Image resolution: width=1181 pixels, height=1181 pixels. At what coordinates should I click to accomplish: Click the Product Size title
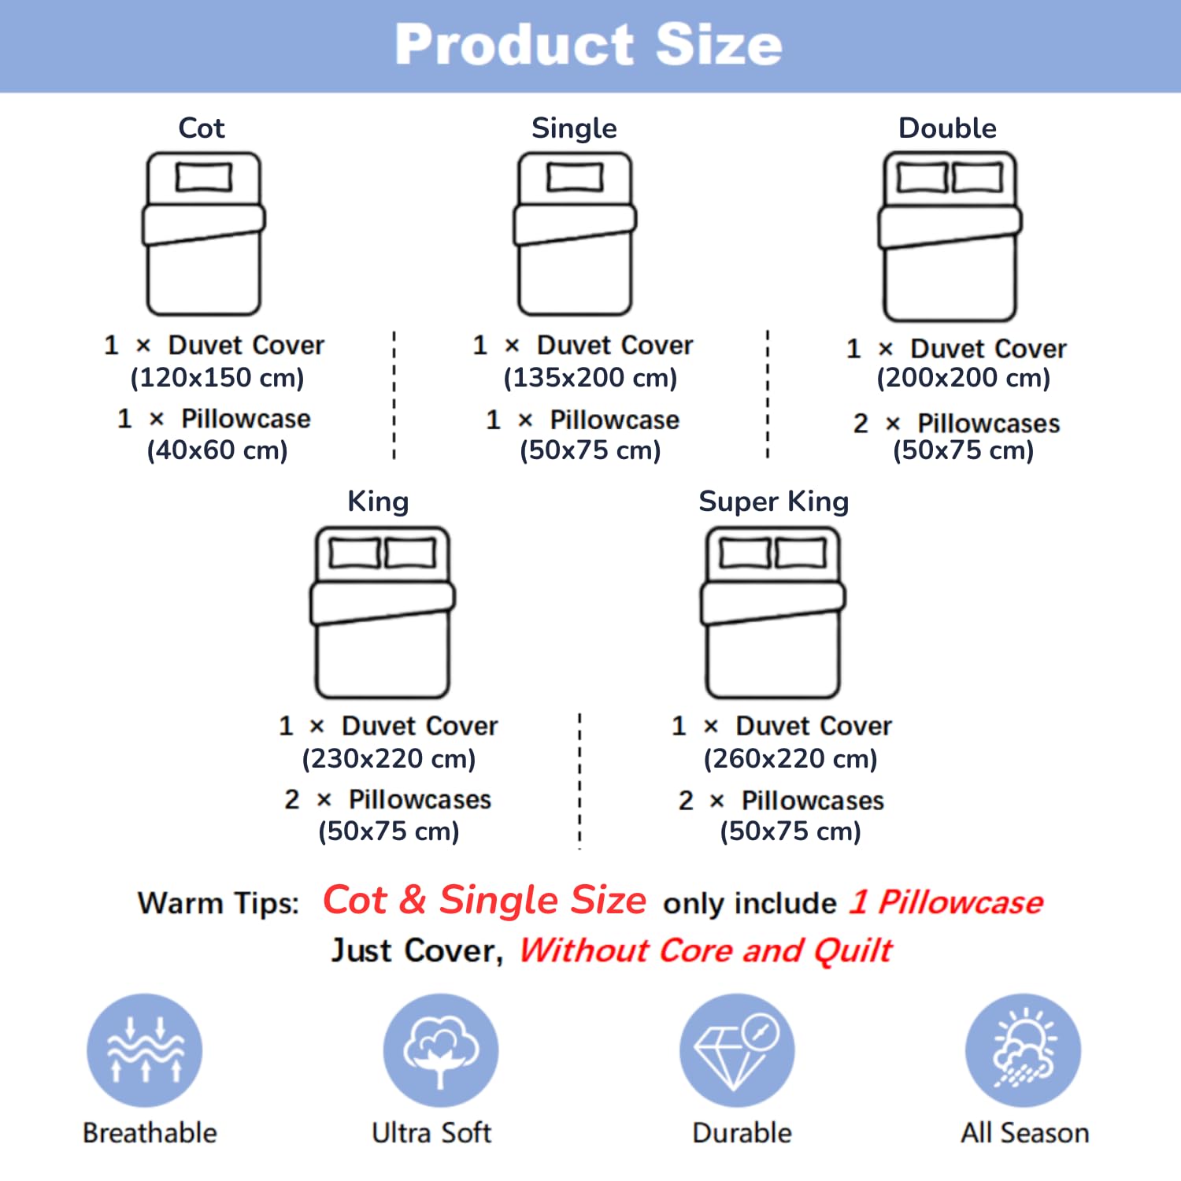click(x=589, y=44)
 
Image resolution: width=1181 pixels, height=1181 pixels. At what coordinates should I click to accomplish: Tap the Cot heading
click(x=202, y=128)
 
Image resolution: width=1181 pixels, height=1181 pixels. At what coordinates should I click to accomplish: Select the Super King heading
click(x=774, y=502)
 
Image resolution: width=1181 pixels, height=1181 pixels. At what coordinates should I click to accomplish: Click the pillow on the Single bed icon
click(x=576, y=177)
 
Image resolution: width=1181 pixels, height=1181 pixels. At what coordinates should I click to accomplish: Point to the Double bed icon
click(x=950, y=236)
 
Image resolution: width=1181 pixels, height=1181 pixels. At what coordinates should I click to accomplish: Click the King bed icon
click(x=383, y=613)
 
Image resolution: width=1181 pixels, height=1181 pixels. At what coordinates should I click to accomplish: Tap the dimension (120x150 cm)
click(x=217, y=378)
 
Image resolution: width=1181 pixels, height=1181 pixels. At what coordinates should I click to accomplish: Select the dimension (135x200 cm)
click(x=590, y=378)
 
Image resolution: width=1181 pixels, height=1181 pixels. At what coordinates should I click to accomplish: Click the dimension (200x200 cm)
click(x=964, y=378)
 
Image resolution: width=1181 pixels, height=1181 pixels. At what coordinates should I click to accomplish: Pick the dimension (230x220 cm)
click(x=389, y=759)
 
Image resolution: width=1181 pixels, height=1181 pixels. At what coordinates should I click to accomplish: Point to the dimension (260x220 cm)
click(x=790, y=759)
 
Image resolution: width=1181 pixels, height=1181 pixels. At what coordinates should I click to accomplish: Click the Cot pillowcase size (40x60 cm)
click(x=217, y=450)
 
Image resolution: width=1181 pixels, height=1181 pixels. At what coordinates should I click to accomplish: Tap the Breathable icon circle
click(x=145, y=1050)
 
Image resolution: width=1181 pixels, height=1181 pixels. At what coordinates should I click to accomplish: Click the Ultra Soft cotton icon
click(x=441, y=1050)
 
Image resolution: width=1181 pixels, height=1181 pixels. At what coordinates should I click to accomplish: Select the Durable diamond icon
click(x=737, y=1050)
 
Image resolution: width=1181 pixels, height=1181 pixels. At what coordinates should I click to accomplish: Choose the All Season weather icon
click(x=1024, y=1050)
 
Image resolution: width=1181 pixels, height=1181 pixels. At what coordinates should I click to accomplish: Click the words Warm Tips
click(x=218, y=904)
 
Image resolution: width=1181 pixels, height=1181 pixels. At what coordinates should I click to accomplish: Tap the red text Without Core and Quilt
click(x=705, y=951)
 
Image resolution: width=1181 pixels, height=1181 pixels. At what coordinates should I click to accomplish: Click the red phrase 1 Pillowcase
click(x=946, y=902)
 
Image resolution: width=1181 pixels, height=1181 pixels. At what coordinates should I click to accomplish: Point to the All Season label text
click(x=1024, y=1133)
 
